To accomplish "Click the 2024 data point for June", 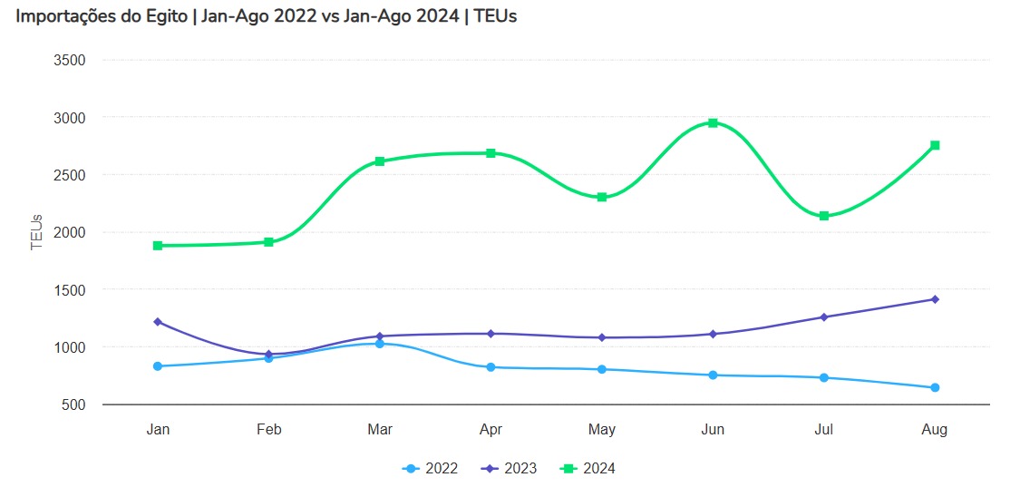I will pos(713,122).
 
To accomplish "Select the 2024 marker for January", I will pos(158,246).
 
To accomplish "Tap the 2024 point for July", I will pos(824,216).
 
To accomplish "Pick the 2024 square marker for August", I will pos(935,145).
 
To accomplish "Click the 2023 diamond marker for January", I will pos(158,322).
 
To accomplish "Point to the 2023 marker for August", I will pos(935,299).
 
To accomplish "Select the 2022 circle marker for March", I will pos(380,344).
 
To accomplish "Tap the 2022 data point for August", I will pos(935,388).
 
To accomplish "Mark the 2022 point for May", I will pos(602,369).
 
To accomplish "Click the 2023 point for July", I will pos(824,317).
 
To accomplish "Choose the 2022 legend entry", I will pos(431,469).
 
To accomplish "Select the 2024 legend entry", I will pos(588,469).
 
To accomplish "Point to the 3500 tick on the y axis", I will pos(70,61).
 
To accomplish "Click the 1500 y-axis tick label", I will pos(70,290).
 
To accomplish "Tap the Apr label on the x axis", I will pos(491,430).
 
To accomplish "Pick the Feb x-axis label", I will pos(268,430).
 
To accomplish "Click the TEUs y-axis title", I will pos(37,232).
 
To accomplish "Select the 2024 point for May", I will pos(602,197).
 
